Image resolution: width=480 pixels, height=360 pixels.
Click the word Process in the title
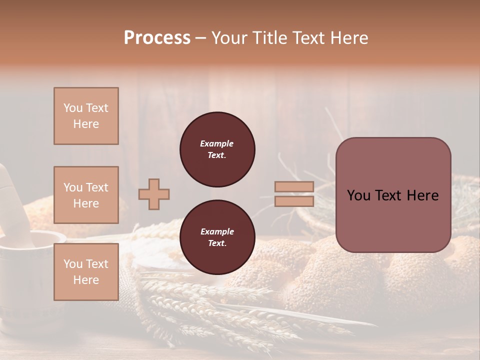point(157,38)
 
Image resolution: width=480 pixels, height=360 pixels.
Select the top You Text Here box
point(86,116)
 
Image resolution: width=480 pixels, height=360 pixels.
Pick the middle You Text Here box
point(86,195)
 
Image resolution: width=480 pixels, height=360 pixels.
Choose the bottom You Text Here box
point(86,272)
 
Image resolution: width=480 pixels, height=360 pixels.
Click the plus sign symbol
point(154,194)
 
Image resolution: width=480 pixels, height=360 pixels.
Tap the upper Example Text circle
point(217,149)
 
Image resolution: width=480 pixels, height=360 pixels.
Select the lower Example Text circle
point(217,237)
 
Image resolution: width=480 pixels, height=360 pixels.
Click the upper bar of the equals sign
point(294,187)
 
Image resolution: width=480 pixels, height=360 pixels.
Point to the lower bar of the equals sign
point(294,201)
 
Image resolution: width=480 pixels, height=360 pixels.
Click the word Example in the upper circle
point(217,143)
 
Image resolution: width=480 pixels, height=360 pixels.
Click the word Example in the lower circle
point(217,231)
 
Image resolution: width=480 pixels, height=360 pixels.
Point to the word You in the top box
point(73,108)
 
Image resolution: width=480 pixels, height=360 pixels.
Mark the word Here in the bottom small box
point(86,280)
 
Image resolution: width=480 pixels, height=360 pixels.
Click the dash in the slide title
point(200,38)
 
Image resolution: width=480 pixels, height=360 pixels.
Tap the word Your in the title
point(230,38)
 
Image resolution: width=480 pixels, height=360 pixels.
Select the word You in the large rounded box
point(358,195)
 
